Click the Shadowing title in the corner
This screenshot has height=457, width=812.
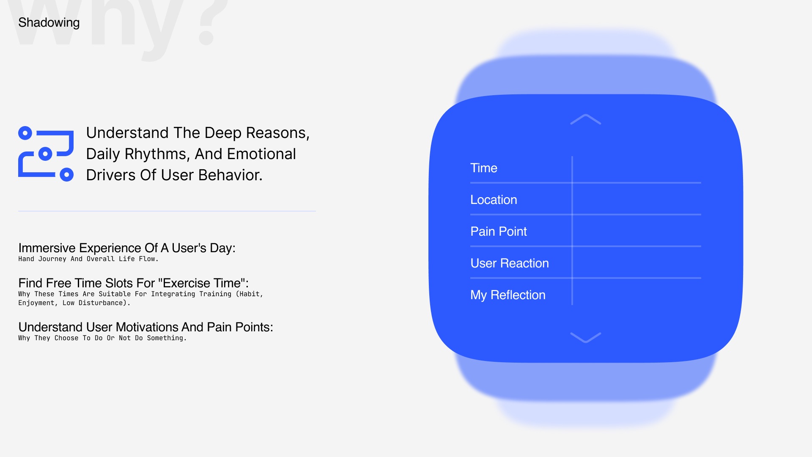point(49,22)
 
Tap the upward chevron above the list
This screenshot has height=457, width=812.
point(586,119)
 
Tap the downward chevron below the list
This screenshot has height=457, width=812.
point(586,337)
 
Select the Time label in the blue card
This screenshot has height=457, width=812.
point(484,168)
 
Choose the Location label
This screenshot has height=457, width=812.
point(494,200)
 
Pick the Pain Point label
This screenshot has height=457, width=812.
point(499,231)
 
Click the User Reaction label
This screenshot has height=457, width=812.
point(510,263)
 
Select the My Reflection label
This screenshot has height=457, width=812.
point(508,295)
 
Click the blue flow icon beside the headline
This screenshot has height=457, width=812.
point(46,154)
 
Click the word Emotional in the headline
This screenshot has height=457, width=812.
point(261,154)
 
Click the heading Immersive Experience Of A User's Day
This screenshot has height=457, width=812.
point(127,248)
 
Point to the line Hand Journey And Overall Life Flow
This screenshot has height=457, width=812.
point(88,259)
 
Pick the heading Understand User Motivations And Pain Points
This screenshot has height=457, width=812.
point(146,327)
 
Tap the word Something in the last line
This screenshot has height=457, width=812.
point(167,338)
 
